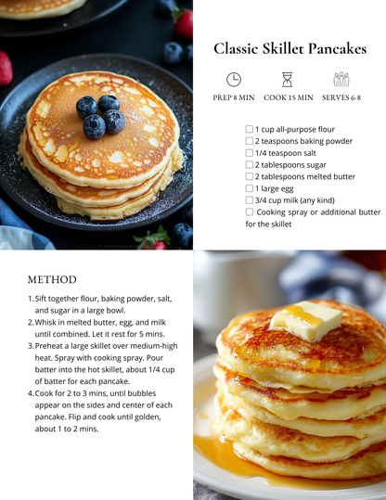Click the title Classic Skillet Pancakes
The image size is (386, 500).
coord(289,48)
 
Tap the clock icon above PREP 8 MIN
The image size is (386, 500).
coord(234,80)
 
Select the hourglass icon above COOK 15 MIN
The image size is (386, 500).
coord(288,80)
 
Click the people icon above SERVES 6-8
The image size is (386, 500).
coord(341,80)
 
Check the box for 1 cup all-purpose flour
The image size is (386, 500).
coord(250,129)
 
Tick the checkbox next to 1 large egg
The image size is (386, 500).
coord(250,188)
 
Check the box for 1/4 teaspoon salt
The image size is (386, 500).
coord(250,153)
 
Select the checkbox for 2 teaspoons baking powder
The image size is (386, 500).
coord(250,141)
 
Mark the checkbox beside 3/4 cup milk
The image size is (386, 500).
coord(250,200)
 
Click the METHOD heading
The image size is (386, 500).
coord(52,279)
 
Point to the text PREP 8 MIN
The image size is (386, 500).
coord(234,97)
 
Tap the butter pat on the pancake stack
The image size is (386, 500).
coord(306,320)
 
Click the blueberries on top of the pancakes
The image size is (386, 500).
coord(99,114)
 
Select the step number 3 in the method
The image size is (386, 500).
coord(31,346)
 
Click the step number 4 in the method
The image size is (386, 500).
coord(31,393)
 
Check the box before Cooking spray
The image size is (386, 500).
coord(250,212)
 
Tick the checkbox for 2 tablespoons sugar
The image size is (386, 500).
coord(250,164)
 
